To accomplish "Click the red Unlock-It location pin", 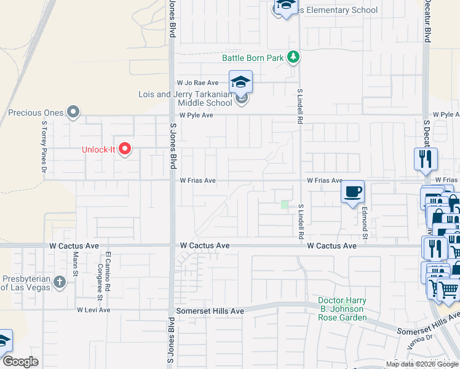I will [x=125, y=149].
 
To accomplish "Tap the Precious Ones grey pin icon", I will [x=74, y=112].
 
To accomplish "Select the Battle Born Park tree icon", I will [x=294, y=58].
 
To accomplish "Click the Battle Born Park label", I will [x=253, y=58].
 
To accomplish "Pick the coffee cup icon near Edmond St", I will [x=352, y=192].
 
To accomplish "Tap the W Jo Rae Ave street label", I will [x=197, y=82].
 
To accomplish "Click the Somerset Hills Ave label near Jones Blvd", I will [x=210, y=311].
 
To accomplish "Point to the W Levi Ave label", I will [x=93, y=310].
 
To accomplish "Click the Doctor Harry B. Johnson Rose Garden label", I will [x=343, y=309].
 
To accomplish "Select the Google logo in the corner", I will [x=20, y=362].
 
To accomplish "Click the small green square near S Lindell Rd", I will [x=284, y=204].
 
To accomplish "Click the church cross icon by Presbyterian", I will [x=59, y=282].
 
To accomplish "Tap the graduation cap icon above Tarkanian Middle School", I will [x=241, y=81].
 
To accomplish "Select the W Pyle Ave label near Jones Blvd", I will [x=196, y=115].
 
